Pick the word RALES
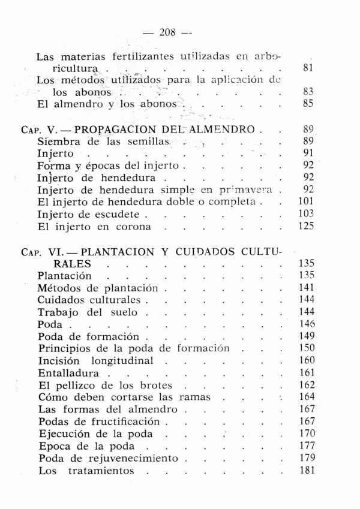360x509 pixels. (72, 264)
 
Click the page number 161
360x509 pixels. (307, 372)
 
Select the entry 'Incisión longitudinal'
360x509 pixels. (95, 360)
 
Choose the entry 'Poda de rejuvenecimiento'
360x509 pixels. (108, 459)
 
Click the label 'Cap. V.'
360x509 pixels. (39, 129)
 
